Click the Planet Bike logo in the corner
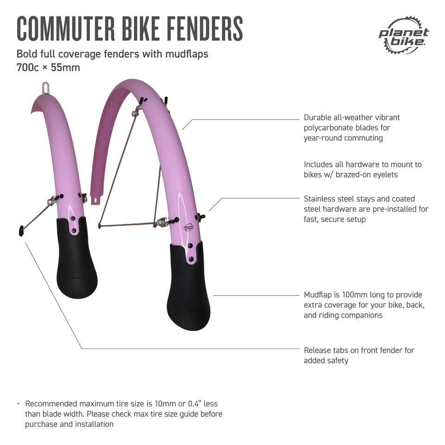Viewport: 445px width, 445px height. [404, 35]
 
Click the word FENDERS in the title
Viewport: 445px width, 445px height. [204, 29]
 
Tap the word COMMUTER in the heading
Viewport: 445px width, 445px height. [66, 29]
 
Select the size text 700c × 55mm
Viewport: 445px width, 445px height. [48, 68]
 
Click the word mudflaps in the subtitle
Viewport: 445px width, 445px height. [187, 54]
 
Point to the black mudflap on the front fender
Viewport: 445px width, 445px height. [76, 257]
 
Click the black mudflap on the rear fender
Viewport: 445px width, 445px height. [189, 286]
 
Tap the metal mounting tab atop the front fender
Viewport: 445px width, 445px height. [45, 88]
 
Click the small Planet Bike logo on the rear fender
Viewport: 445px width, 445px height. [189, 227]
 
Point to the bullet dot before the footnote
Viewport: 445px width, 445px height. [18, 404]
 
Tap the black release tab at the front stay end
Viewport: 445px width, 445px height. [21, 231]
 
